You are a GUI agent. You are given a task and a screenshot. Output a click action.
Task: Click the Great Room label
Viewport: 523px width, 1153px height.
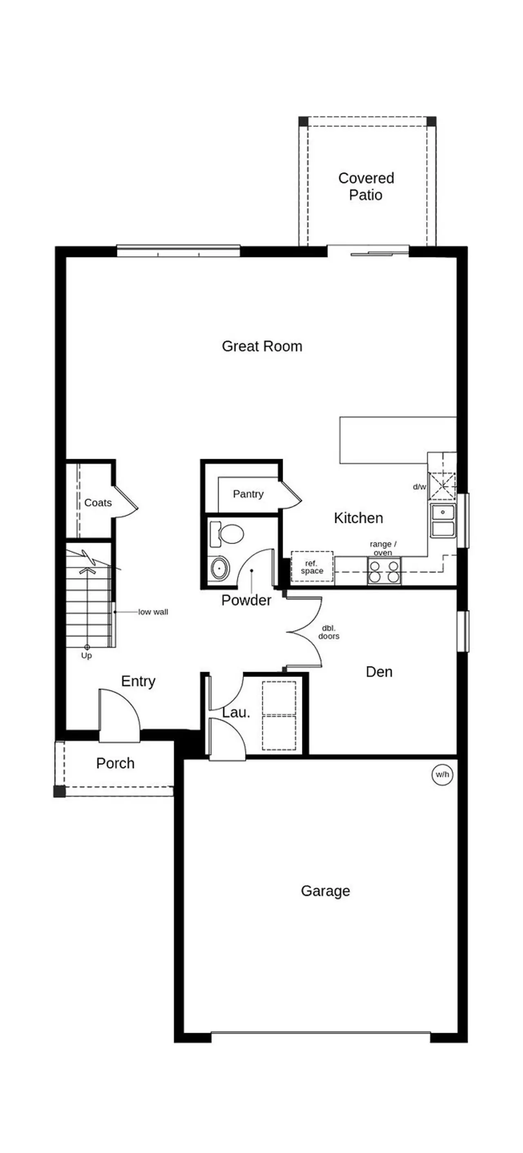[x=262, y=346]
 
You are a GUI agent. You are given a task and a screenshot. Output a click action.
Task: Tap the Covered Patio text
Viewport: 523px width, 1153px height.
[x=366, y=186]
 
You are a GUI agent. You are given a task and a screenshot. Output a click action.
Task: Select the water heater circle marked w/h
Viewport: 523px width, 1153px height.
[x=442, y=774]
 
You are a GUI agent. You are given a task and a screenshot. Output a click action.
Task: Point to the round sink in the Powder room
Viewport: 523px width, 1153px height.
[x=219, y=568]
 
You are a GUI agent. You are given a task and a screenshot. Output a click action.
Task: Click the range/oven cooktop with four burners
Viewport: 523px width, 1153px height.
[x=384, y=571]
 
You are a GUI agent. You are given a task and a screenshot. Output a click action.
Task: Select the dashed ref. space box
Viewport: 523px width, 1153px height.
[x=312, y=566]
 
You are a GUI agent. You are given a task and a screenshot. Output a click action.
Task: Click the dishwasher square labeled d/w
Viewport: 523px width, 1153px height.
[x=442, y=486]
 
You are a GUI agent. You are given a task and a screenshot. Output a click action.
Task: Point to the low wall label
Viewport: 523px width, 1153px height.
[x=153, y=612]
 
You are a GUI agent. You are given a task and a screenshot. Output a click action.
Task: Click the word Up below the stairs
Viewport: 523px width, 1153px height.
[x=87, y=655]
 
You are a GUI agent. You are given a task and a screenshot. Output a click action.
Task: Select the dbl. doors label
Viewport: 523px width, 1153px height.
[x=329, y=632]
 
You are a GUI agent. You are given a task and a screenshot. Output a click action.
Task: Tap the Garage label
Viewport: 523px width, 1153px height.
[x=326, y=891]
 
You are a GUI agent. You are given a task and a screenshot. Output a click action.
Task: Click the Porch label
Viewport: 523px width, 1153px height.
[x=115, y=763]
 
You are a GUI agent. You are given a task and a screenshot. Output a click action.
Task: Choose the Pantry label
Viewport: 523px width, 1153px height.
[x=248, y=494]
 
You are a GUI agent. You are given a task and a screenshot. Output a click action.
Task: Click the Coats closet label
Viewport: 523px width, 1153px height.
[x=98, y=503]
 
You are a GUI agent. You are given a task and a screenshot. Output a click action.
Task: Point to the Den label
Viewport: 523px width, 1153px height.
[x=379, y=672]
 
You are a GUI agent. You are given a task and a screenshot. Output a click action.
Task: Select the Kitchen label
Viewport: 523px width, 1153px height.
[x=358, y=518]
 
